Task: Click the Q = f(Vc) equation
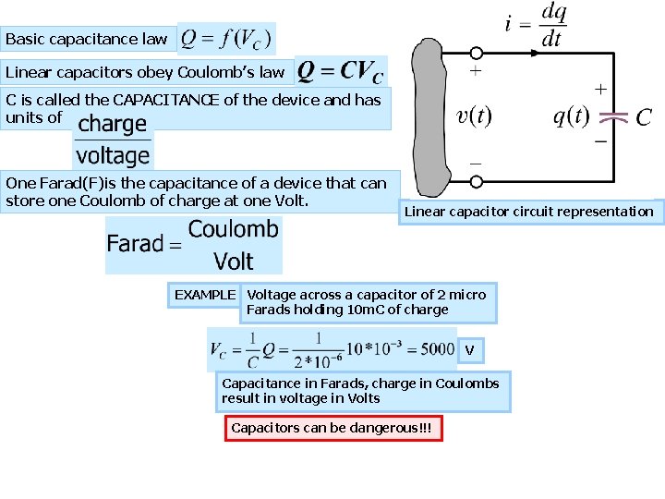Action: [226, 39]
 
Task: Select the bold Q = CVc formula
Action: [340, 71]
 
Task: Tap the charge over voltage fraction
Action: [113, 140]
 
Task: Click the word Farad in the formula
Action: [135, 244]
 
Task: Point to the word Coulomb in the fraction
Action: [233, 229]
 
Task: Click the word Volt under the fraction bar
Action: [233, 261]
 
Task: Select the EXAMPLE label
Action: [205, 295]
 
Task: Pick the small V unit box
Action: [470, 350]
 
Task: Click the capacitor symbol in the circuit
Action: [613, 118]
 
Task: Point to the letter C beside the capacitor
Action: [645, 117]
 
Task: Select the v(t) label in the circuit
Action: [475, 116]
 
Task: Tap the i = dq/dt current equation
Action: [537, 26]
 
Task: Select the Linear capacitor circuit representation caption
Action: [528, 212]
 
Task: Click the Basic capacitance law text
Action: [87, 39]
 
